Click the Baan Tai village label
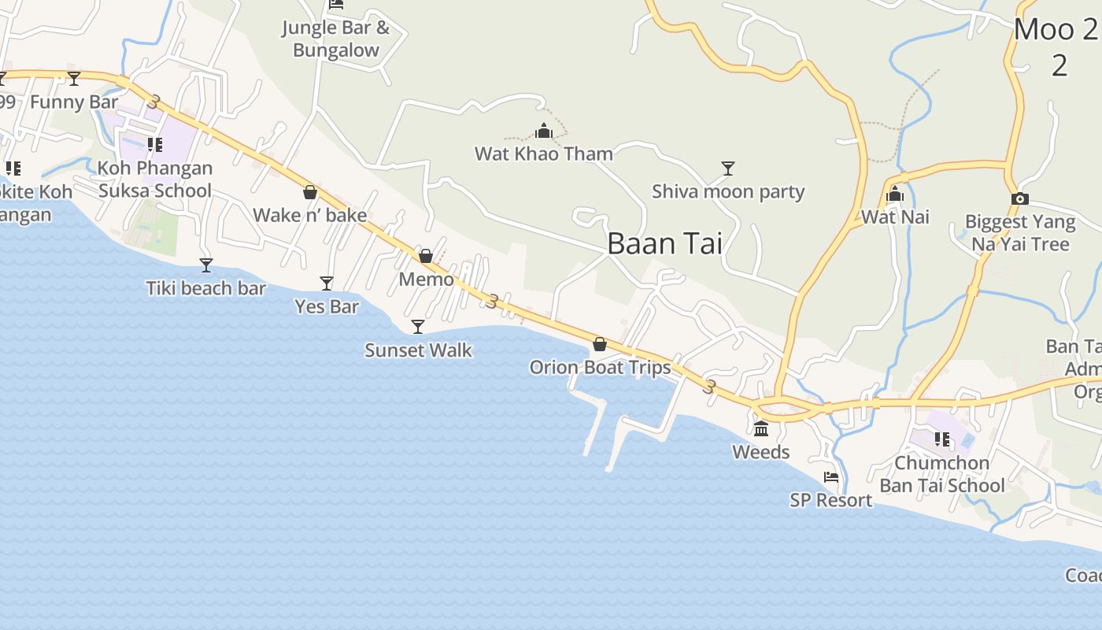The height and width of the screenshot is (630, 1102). (x=664, y=243)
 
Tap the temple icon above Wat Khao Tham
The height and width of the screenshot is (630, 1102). (x=543, y=131)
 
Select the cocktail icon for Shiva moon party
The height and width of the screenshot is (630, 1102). (x=728, y=168)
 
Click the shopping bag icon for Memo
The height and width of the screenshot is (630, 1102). (x=426, y=256)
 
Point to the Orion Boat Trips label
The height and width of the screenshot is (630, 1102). (x=600, y=367)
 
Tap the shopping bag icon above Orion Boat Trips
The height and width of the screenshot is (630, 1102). (x=600, y=344)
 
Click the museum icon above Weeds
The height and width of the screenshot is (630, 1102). (x=761, y=429)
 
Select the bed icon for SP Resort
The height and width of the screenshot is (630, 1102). (x=831, y=477)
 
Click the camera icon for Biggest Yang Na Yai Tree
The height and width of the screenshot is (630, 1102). (x=1020, y=199)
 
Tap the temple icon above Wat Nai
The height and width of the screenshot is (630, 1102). (x=895, y=194)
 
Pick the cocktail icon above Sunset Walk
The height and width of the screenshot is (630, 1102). (x=418, y=327)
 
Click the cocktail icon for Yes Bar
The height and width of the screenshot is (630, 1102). (x=327, y=283)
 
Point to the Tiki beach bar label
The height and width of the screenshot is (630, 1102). (x=206, y=288)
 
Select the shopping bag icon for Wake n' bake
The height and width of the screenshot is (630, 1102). (x=310, y=192)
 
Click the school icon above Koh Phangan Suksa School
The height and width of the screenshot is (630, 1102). (x=155, y=145)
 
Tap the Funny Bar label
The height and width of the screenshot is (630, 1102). (x=74, y=102)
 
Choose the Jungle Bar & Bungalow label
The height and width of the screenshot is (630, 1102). (x=336, y=39)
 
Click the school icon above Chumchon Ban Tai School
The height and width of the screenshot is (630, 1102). (x=941, y=439)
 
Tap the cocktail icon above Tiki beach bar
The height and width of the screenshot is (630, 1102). (x=206, y=265)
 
